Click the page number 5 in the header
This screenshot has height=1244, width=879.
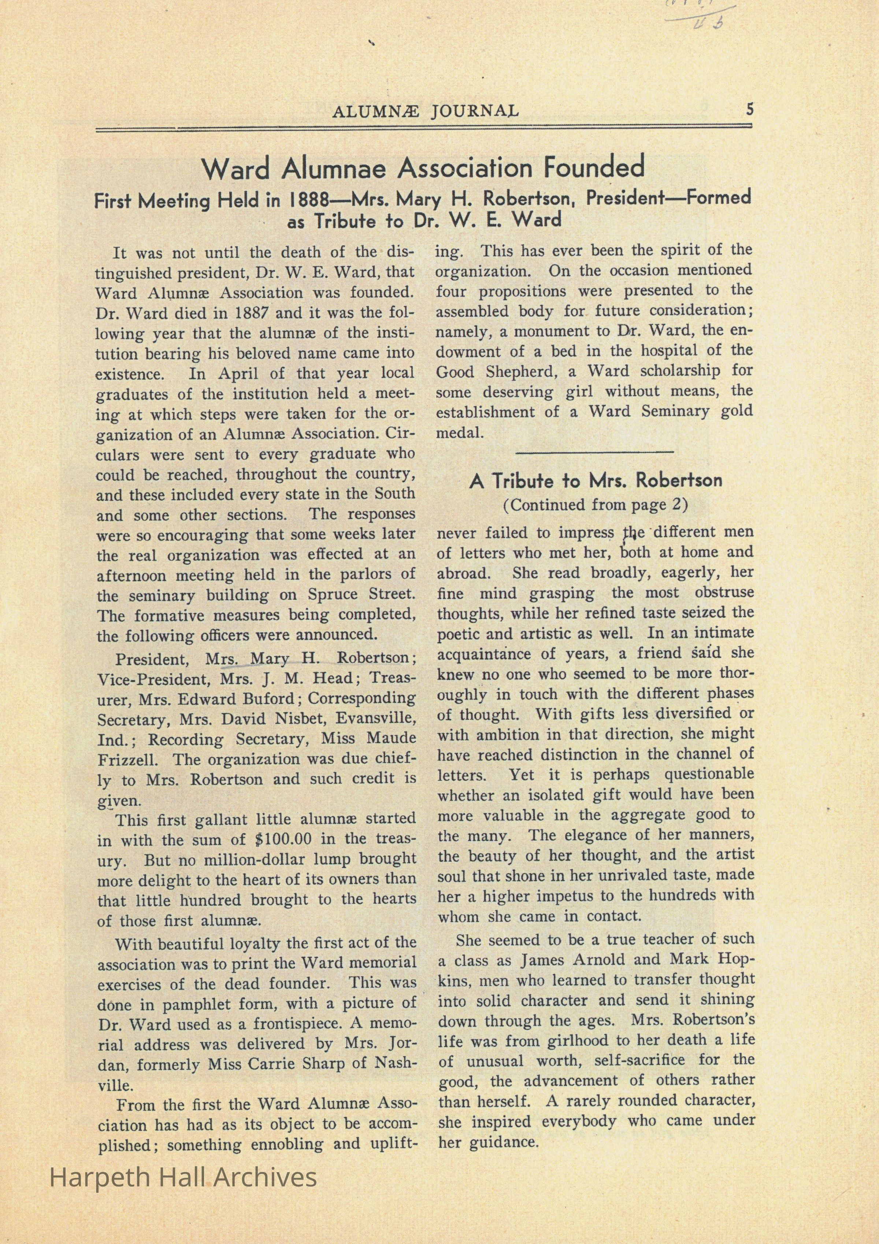coord(749,109)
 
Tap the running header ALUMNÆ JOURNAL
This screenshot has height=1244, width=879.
coord(426,112)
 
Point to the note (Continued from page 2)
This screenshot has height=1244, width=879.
coord(595,505)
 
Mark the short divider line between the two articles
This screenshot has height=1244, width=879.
coord(594,451)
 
